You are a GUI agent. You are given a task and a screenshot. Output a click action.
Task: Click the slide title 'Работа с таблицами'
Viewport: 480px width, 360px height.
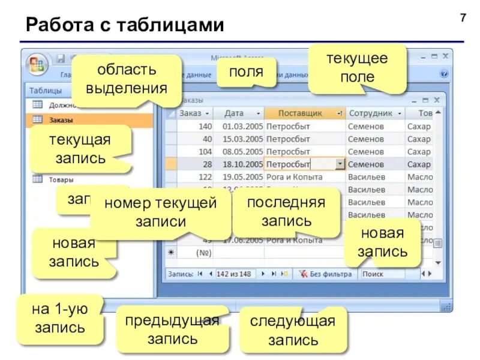click(x=125, y=25)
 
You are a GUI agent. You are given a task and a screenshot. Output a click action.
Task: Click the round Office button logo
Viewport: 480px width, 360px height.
click(x=37, y=64)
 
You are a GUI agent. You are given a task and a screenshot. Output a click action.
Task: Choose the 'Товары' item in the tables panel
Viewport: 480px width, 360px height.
click(x=61, y=179)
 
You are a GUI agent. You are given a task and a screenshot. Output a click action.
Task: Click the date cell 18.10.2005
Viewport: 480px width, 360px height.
click(x=242, y=164)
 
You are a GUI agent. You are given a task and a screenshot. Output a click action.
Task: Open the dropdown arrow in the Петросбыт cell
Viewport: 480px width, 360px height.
click(x=340, y=164)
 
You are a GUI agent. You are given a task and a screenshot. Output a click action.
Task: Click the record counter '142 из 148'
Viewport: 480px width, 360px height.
click(x=234, y=274)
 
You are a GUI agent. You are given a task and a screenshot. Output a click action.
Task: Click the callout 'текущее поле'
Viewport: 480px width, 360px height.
click(x=357, y=67)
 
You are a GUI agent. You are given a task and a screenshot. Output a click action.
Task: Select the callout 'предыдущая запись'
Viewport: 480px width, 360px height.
click(x=172, y=329)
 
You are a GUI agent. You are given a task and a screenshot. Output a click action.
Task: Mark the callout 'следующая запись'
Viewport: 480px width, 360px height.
click(x=293, y=331)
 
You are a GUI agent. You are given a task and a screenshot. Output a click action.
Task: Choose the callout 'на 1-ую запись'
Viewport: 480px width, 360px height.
click(x=60, y=319)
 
